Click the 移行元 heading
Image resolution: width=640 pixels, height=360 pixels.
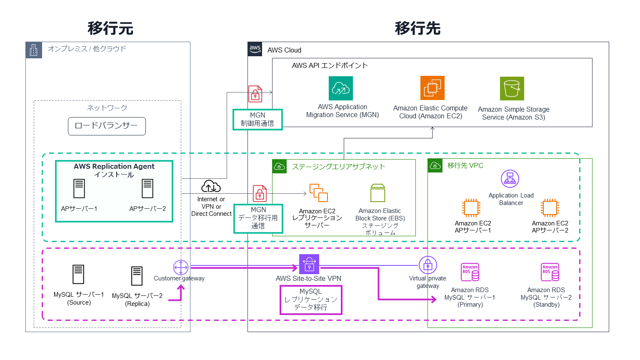[110, 28]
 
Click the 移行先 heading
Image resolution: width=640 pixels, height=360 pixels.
[417, 28]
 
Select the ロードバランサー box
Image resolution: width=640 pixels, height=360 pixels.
[107, 126]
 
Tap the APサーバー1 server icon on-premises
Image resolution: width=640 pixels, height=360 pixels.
[79, 189]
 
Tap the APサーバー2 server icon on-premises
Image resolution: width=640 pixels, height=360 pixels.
[147, 189]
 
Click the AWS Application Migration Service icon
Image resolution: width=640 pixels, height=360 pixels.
[341, 88]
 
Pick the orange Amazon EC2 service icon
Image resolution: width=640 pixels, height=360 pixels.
[432, 88]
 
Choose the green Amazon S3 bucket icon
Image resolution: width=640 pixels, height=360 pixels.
[512, 88]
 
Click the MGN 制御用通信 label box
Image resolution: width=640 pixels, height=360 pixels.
[257, 120]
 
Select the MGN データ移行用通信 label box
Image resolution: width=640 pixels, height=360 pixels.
[258, 218]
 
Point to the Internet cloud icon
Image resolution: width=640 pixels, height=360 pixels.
[211, 186]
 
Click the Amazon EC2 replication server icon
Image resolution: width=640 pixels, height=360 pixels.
[318, 193]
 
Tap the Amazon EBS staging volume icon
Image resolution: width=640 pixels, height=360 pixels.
[378, 193]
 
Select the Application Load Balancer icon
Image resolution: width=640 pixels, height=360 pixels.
[510, 179]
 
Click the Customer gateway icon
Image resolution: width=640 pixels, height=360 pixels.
[181, 267]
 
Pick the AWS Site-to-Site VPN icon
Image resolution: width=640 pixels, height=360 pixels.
[309, 264]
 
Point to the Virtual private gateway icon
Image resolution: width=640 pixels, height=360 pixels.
[427, 265]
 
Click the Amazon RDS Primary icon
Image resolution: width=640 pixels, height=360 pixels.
[470, 272]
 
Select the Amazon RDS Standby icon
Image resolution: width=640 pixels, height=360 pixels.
[550, 272]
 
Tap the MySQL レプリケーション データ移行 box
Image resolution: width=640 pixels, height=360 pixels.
[311, 300]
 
